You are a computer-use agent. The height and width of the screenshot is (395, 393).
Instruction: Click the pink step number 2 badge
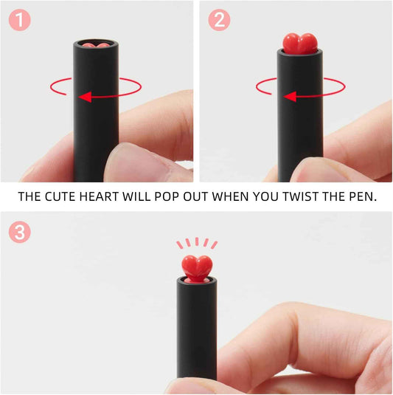point(219,20)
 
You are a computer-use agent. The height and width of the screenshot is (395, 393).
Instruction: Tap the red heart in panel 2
point(299,42)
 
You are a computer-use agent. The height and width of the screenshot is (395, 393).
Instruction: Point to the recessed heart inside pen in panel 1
point(96,45)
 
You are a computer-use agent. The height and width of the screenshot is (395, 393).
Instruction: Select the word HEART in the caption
point(96,197)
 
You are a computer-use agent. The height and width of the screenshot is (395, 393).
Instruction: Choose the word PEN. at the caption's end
point(361,197)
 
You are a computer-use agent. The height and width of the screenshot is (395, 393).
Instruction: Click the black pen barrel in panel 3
point(196,332)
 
